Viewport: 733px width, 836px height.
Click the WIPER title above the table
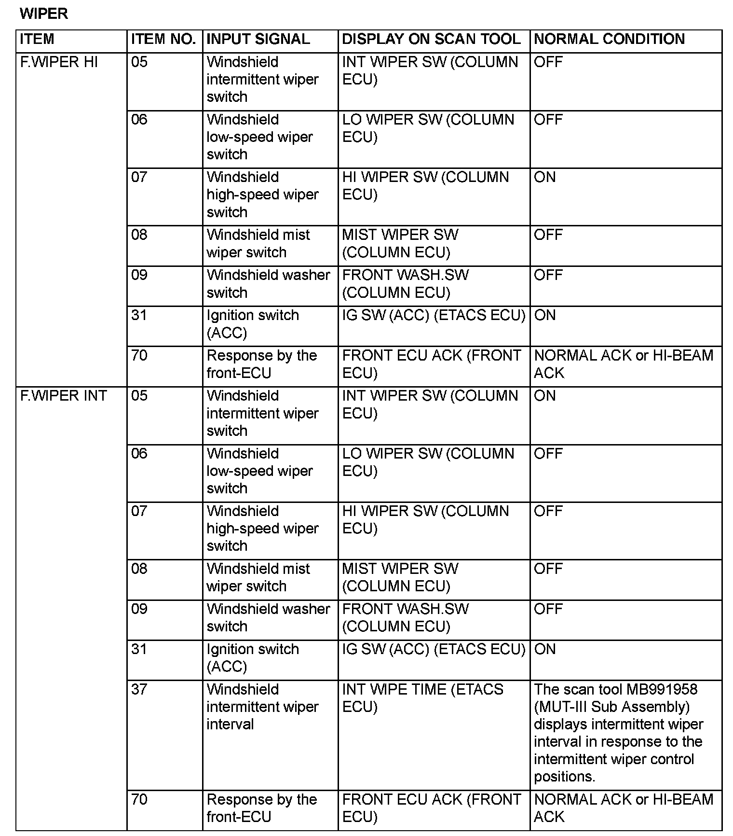click(44, 14)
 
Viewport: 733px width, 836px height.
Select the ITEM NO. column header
click(163, 39)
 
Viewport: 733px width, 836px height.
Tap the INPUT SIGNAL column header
click(258, 39)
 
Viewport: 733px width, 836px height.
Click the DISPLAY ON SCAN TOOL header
click(432, 39)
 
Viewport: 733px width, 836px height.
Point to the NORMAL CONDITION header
click(609, 39)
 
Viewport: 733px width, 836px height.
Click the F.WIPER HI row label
click(59, 62)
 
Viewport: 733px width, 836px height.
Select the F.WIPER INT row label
click(63, 396)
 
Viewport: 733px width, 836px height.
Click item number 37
click(139, 689)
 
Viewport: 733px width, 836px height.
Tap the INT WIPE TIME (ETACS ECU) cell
click(422, 698)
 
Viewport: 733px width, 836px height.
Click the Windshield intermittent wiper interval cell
click(262, 707)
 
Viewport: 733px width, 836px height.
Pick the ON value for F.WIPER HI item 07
click(545, 177)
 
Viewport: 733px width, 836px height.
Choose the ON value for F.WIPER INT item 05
click(545, 396)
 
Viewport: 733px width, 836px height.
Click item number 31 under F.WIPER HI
click(139, 315)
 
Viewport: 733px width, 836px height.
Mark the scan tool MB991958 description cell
click(618, 733)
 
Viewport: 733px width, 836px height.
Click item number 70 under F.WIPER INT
click(139, 799)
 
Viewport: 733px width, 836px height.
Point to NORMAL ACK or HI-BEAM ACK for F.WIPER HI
click(623, 364)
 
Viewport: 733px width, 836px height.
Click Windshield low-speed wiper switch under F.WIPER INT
click(259, 471)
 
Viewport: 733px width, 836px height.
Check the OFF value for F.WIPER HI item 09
click(548, 275)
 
